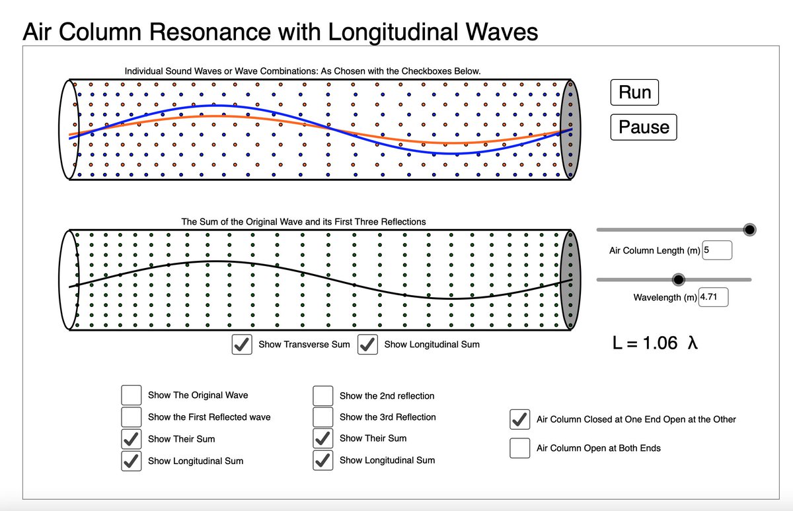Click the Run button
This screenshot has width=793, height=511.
[634, 92]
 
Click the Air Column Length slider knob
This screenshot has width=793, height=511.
[749, 229]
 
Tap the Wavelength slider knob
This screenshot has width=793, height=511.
[678, 280]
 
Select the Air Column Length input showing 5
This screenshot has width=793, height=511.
[717, 250]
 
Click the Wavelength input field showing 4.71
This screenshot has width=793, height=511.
[713, 297]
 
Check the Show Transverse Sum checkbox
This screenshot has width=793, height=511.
[242, 345]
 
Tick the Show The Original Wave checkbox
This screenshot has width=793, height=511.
[132, 395]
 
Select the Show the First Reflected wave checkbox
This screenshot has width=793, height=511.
[132, 417]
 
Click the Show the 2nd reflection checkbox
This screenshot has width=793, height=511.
[322, 395]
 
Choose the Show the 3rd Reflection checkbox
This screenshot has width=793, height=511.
[322, 417]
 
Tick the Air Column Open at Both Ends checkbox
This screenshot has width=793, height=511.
[520, 448]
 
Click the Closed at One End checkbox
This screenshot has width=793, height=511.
[520, 419]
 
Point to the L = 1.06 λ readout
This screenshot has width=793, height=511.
[654, 343]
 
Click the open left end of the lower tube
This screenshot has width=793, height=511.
[69, 279]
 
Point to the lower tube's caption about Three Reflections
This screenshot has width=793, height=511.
[303, 222]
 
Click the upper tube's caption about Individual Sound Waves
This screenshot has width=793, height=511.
[303, 71]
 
